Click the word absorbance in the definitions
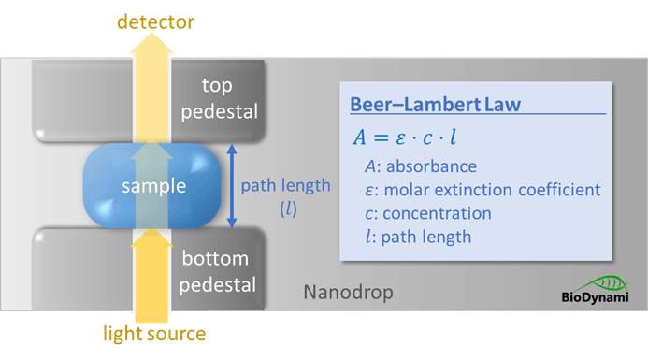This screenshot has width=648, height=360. (x=436, y=166)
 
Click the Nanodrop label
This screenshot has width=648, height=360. (x=348, y=294)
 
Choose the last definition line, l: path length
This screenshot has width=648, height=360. (x=418, y=237)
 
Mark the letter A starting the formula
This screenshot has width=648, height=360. (x=359, y=137)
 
